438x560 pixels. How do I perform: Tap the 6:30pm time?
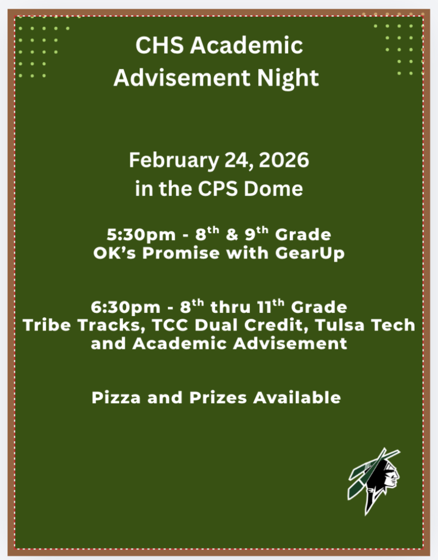pyautogui.click(x=119, y=306)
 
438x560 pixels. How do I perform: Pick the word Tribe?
pyautogui.click(x=45, y=325)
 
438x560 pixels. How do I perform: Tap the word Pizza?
pyautogui.click(x=114, y=398)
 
